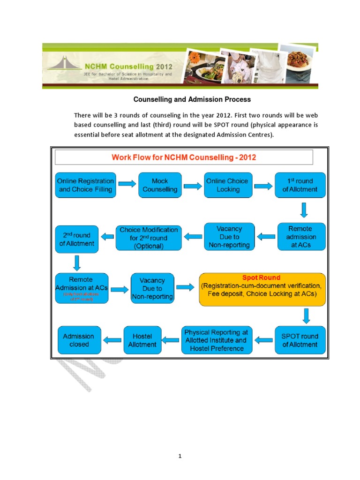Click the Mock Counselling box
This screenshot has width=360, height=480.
pos(160,185)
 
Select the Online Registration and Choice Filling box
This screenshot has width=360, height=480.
pos(85,185)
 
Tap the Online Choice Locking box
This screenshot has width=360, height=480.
pos(228,185)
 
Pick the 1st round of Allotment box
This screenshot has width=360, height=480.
pos(300,185)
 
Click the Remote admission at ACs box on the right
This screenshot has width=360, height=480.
pos(300,237)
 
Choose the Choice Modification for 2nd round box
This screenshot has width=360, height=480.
pos(149,237)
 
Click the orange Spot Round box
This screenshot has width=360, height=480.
pos(262,289)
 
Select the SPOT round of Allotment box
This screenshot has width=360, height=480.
pos(300,340)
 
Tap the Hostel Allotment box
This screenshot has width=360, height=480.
pos(142,340)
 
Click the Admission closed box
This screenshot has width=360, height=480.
pos(79,340)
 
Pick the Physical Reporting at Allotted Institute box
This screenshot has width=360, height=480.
pos(217,340)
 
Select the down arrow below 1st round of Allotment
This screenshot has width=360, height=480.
pos(304,210)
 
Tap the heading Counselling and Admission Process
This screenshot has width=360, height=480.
pos(192,100)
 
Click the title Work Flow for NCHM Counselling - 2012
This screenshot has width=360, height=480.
pos(184,157)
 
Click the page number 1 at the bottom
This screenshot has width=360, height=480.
pos(180,457)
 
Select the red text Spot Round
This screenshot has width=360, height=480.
pos(261,277)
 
